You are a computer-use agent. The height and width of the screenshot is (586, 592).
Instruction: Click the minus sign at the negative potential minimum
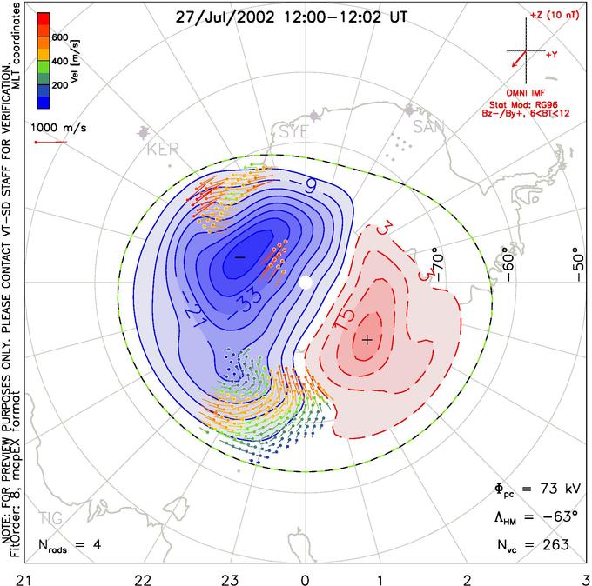(239, 257)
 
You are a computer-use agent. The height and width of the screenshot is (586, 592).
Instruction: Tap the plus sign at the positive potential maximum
(367, 339)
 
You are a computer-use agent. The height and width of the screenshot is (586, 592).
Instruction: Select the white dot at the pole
(305, 283)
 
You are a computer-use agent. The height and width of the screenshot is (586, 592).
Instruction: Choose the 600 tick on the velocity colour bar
(59, 37)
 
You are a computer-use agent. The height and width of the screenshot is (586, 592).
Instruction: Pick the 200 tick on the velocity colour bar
(59, 87)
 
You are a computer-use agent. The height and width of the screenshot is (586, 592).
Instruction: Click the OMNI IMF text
(531, 92)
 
